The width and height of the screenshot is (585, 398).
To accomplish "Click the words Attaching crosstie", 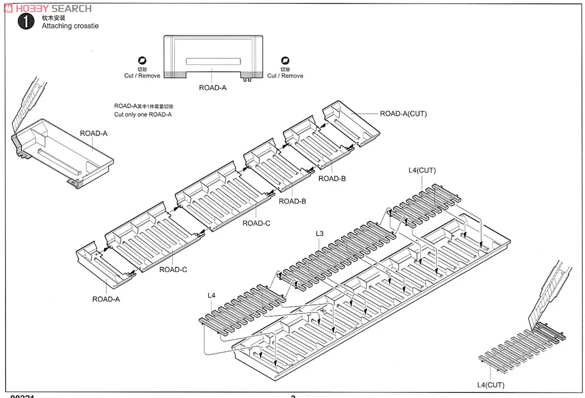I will (70, 26).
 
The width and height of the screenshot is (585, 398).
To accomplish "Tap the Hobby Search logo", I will (47, 8).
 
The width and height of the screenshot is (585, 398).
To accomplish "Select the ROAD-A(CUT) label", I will (403, 114).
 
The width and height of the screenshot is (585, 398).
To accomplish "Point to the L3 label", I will (320, 234).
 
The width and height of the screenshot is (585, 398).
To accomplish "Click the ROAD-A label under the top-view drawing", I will (212, 88).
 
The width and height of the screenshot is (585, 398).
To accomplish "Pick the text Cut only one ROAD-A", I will (143, 114).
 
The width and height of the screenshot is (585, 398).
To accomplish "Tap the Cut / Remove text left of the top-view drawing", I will (142, 76).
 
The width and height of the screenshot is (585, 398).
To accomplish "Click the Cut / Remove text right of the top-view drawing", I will (285, 76).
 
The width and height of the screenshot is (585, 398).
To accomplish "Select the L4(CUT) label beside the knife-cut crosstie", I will (490, 384).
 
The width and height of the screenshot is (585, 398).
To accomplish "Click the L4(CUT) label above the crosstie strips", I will (422, 170).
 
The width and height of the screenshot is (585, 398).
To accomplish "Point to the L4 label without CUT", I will (212, 295).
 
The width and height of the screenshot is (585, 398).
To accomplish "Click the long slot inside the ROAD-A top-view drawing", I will (213, 61).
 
